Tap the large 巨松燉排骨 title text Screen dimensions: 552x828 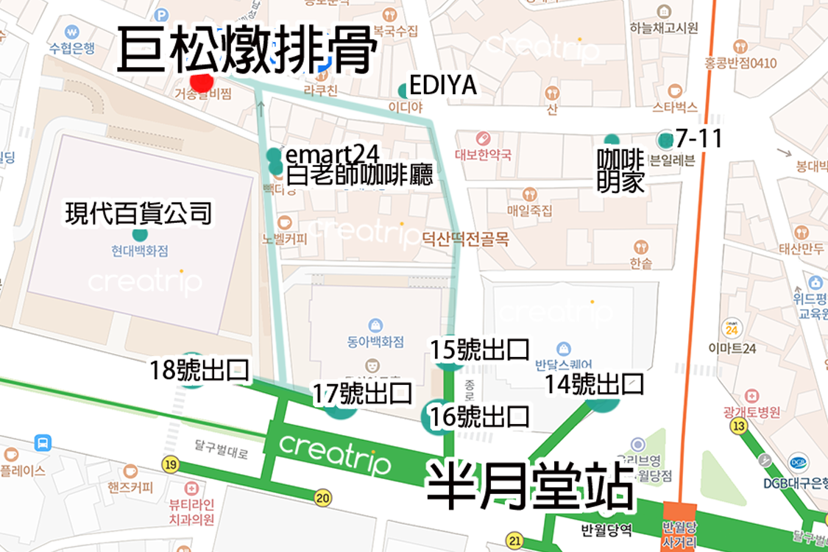[247, 51]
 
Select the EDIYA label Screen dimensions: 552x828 [442, 86]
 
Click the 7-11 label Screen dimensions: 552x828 [698, 138]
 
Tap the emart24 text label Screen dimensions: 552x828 [332, 155]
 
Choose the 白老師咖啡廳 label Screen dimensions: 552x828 [359, 176]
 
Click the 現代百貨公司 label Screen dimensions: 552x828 [138, 213]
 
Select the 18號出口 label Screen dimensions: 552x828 [199, 370]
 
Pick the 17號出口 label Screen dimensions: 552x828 [361, 394]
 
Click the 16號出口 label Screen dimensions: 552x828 [480, 416]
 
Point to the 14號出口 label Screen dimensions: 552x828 [594, 383]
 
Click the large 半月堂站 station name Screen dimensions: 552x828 [530, 486]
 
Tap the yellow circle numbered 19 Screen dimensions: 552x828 [171, 464]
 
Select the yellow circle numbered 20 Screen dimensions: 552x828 [322, 498]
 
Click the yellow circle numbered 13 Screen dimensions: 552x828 [739, 425]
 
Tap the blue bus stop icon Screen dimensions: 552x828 [43, 443]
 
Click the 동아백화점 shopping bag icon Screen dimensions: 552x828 [375, 325]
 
